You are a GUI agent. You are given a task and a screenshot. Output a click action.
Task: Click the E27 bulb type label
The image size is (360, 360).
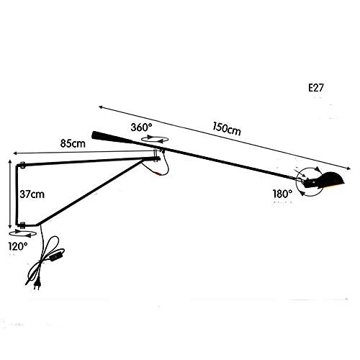click(316, 88)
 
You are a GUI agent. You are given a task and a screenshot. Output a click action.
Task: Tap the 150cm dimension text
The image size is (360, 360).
click(227, 129)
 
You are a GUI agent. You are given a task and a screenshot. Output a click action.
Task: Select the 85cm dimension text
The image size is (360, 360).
click(73, 143)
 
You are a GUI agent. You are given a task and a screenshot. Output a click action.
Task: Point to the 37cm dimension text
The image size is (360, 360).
click(32, 194)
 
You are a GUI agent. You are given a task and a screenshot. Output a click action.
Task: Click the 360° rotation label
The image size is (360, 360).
click(141, 127)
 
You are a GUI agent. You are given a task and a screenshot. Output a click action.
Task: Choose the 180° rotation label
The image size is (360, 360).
click(282, 194)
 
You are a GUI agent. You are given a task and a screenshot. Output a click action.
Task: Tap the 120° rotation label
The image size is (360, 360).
click(18, 246)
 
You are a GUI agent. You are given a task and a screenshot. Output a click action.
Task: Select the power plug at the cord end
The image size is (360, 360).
click(37, 285)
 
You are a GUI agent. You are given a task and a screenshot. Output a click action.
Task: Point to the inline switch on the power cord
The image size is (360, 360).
click(57, 255)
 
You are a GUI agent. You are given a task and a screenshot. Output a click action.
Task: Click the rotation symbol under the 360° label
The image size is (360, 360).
click(155, 139)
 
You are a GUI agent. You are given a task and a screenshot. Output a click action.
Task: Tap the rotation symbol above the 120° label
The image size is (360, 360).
click(22, 233)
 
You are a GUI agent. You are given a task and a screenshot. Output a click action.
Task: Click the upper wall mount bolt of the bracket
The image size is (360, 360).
click(22, 165)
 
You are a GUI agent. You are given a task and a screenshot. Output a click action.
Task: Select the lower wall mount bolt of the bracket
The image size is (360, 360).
click(22, 225)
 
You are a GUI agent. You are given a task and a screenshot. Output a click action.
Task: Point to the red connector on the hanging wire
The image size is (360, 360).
click(159, 174)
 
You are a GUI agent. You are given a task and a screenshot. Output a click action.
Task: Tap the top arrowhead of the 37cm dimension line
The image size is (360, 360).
click(10, 161)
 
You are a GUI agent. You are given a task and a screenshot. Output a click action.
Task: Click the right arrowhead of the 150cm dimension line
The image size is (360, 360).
click(348, 168)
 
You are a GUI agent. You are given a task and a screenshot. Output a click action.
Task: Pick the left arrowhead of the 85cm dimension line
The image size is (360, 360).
click(16, 153)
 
